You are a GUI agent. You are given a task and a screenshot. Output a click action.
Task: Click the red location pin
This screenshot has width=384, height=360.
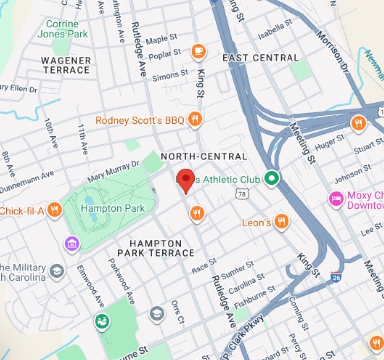tap(186, 180)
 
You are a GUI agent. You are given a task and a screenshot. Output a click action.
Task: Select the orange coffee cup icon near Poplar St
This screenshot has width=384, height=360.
tap(198, 51)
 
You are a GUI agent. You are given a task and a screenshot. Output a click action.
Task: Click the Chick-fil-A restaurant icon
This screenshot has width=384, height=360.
tap(55, 211)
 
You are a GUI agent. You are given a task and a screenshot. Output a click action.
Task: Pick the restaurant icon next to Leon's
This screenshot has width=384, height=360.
tap(282, 222)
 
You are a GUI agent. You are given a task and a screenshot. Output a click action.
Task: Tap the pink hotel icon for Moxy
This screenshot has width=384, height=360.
tap(336, 199)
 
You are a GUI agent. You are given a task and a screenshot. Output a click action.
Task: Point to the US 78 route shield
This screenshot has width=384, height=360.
tap(242, 194)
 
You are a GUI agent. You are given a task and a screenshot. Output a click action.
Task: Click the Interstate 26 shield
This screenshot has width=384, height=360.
tap(336, 277)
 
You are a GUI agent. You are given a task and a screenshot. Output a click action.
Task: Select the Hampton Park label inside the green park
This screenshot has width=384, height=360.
tap(112, 208)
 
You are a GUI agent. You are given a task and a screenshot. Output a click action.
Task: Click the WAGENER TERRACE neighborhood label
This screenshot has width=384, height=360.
tap(66, 65)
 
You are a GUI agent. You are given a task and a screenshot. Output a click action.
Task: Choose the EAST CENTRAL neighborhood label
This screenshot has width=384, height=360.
tap(261, 58)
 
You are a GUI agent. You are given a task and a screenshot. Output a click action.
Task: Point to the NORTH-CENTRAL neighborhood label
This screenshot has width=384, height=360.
tap(204, 156)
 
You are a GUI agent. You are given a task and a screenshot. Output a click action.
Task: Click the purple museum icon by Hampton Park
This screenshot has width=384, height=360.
tap(72, 244)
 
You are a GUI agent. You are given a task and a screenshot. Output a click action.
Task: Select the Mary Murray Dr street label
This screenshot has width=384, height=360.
tap(114, 172)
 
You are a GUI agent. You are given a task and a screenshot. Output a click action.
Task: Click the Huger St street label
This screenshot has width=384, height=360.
tap(330, 142)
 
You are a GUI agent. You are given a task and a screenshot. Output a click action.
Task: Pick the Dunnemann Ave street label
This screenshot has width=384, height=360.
tap(27, 182)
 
